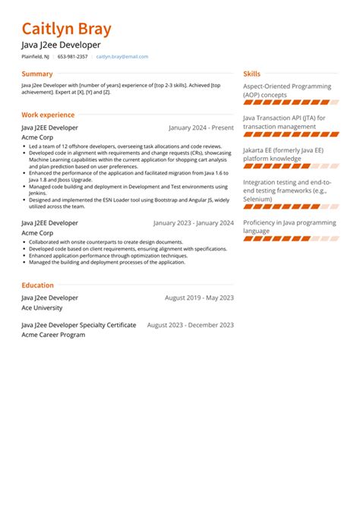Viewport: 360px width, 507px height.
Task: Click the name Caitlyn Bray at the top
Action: pyautogui.click(x=66, y=30)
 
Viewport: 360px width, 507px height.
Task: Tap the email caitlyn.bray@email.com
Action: pyautogui.click(x=122, y=57)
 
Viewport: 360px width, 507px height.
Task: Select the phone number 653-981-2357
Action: pyautogui.click(x=72, y=57)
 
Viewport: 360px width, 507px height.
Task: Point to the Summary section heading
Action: pyautogui.click(x=37, y=74)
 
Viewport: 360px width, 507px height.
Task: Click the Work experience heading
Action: pyautogui.click(x=48, y=115)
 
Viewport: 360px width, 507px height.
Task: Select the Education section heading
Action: pyautogui.click(x=37, y=285)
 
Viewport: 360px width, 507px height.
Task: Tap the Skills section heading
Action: pyautogui.click(x=251, y=74)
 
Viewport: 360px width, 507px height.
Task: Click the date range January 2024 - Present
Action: pyautogui.click(x=201, y=128)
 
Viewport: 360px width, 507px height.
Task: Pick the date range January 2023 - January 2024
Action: pyautogui.click(x=193, y=223)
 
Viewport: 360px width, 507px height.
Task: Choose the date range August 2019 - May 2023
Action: pyautogui.click(x=199, y=298)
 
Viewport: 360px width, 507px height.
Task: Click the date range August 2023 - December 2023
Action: pyautogui.click(x=190, y=325)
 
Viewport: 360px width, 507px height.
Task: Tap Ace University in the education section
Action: pyautogui.click(x=42, y=308)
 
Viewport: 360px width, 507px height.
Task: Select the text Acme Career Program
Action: pyautogui.click(x=53, y=334)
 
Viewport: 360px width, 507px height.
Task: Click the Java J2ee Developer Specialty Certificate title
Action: pyautogui.click(x=79, y=325)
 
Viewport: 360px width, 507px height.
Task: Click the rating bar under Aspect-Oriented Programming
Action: pyautogui.click(x=286, y=102)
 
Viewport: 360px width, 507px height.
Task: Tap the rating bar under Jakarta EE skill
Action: pyautogui.click(x=286, y=167)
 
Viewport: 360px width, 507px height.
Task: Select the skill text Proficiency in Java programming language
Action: pyautogui.click(x=289, y=226)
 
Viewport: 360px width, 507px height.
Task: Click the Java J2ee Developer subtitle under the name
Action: pyautogui.click(x=61, y=46)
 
